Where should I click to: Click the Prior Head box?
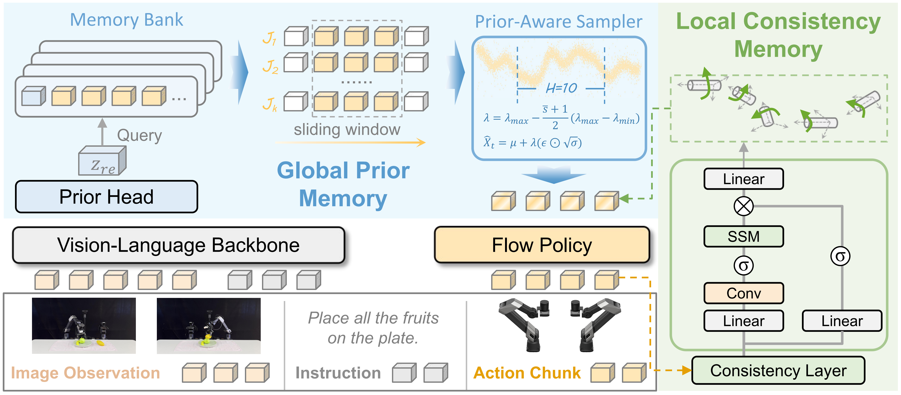[x=106, y=197]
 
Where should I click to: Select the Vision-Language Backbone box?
[x=178, y=245]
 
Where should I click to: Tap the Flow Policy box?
[x=541, y=245]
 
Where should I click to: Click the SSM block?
[x=743, y=237]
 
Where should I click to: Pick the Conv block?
[x=743, y=293]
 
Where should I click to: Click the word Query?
[x=139, y=135]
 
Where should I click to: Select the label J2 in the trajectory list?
[x=270, y=67]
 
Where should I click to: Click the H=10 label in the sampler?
[x=561, y=88]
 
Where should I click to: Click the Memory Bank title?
[x=126, y=20]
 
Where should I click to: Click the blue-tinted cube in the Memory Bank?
[x=33, y=96]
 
